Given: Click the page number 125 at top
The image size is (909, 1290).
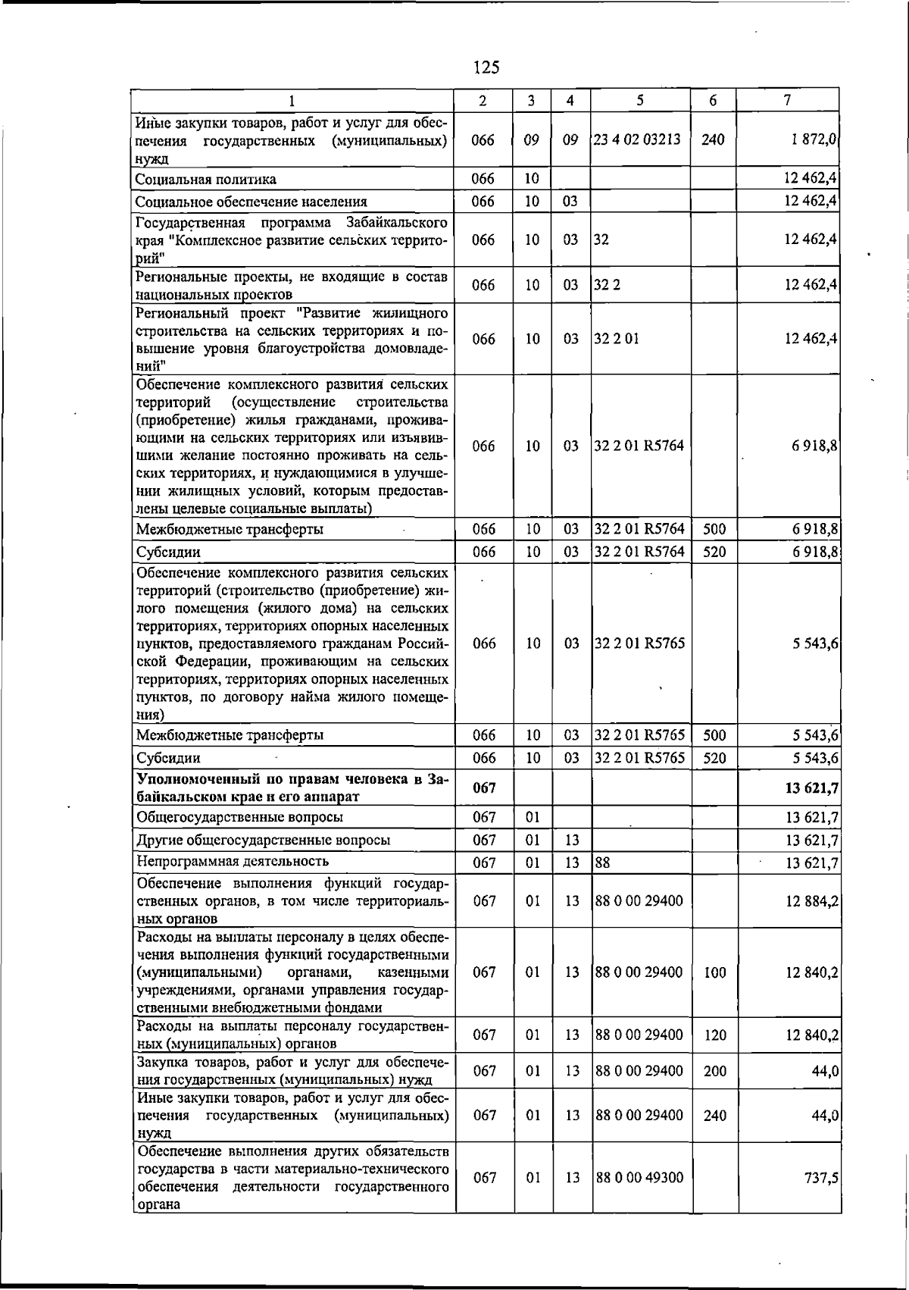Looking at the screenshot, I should [486, 67].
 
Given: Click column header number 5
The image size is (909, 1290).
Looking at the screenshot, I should [640, 100].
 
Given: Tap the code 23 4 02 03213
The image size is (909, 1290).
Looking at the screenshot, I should [637, 139].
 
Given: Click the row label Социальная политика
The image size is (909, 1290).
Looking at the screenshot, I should [205, 180].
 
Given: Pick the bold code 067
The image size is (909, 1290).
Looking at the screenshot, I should [484, 788].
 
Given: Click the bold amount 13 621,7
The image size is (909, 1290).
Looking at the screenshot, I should [811, 788].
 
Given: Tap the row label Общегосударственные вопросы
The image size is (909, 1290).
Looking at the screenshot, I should [239, 817].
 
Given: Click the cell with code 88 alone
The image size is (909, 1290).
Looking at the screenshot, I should [602, 863].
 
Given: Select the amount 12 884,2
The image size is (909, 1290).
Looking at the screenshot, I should [811, 901].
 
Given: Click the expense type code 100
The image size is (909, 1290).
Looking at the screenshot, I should [714, 972].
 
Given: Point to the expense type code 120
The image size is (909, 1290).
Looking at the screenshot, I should [714, 1035].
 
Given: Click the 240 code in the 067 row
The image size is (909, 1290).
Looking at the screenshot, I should [714, 1116].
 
